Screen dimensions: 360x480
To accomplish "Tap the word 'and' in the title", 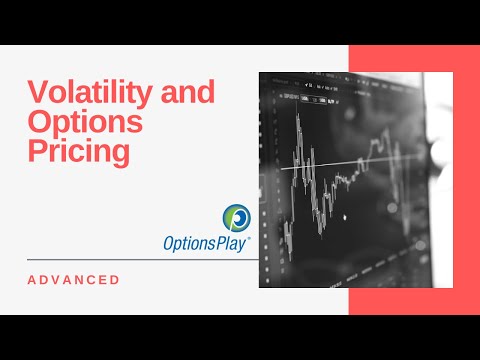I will (x=186, y=93).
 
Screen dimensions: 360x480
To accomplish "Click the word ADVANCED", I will (x=73, y=279).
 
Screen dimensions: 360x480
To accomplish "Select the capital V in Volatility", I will (x=36, y=93).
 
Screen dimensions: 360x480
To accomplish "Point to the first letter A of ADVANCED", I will (x=30, y=279).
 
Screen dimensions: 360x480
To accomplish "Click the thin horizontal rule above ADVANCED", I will (x=140, y=260).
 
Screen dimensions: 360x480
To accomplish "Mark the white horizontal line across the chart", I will (x=340, y=163).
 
